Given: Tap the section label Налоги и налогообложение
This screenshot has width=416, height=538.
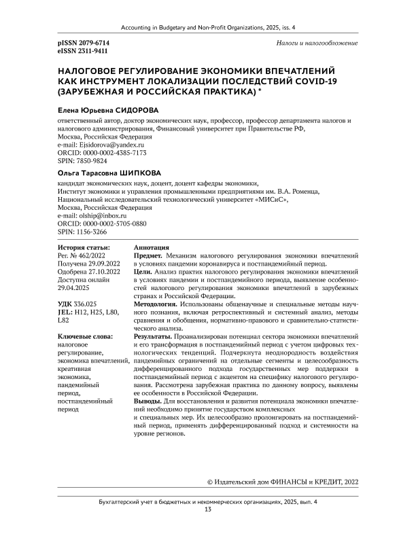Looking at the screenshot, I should [317, 43].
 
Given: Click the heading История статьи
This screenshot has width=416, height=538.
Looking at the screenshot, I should [84, 247].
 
